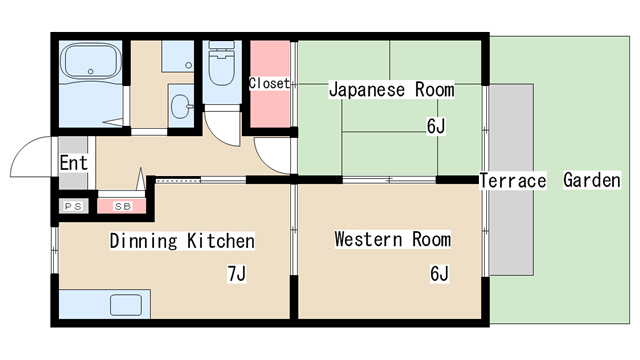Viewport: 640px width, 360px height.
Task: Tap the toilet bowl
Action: (x=218, y=72)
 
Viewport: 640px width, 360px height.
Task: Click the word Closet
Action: (x=269, y=84)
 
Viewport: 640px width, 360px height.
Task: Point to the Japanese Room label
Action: (x=391, y=90)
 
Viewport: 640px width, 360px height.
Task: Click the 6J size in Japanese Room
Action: (x=436, y=126)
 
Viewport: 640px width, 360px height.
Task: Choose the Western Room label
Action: (x=392, y=240)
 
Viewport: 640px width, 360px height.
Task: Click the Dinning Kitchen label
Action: (x=181, y=241)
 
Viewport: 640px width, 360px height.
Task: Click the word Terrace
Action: (x=512, y=181)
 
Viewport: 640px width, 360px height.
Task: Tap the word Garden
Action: (x=592, y=181)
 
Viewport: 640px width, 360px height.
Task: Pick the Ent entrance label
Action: (x=73, y=163)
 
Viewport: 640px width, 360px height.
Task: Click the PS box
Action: (x=72, y=206)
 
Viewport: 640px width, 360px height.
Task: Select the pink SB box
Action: (x=122, y=206)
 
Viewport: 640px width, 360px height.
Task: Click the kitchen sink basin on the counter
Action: (x=127, y=305)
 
